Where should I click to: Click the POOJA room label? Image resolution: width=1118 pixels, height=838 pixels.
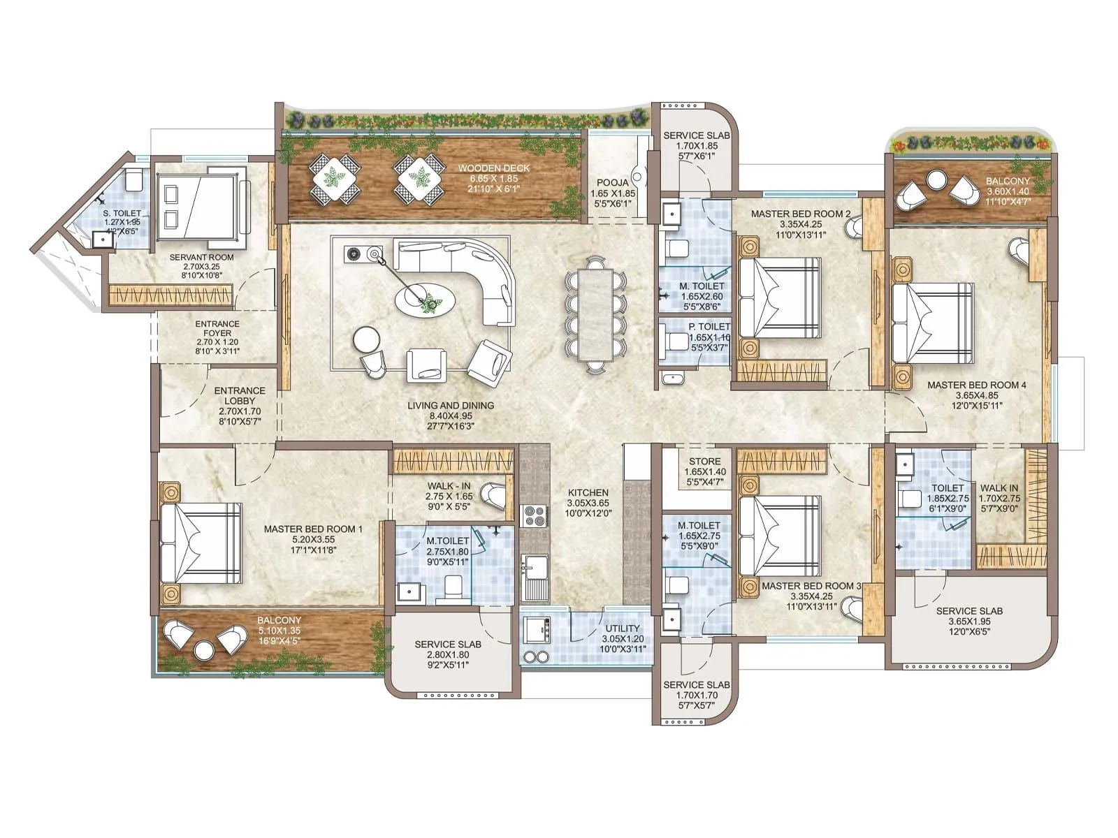point(612,182)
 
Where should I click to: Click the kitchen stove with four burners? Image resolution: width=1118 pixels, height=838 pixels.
point(535,515)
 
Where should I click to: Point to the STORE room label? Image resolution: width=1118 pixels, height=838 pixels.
point(704,462)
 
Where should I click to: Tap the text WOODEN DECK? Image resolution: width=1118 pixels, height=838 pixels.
point(493,168)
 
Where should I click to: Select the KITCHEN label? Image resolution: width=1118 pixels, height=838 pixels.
point(588,492)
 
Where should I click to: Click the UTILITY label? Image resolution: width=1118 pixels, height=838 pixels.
point(622,628)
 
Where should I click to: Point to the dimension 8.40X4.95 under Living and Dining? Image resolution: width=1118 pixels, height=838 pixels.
point(451,416)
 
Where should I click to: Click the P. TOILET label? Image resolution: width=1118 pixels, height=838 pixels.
point(709,326)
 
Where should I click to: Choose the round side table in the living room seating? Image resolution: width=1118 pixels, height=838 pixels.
point(367,340)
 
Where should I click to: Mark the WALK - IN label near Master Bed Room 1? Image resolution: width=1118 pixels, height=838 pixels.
point(449,486)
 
